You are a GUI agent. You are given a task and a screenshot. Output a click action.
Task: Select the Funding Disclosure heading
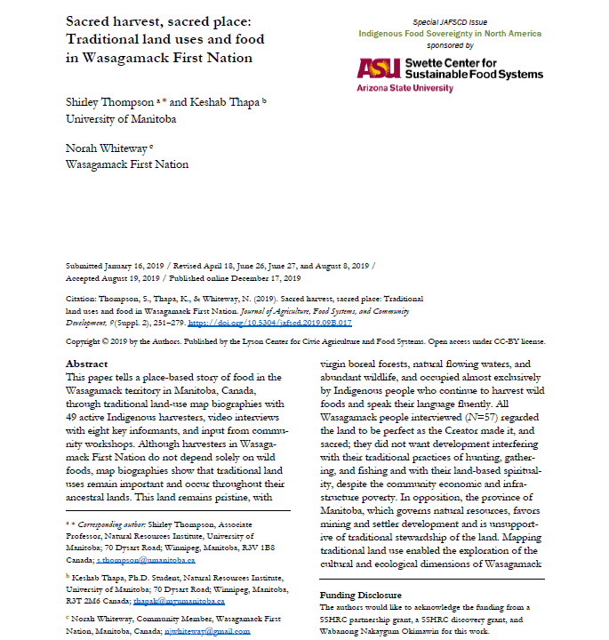click(360, 595)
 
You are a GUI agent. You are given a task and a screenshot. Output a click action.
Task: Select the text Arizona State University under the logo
click(405, 89)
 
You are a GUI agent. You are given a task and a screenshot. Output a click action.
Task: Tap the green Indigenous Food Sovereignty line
click(449, 34)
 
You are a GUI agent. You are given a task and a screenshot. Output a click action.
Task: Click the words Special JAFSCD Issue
click(449, 21)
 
